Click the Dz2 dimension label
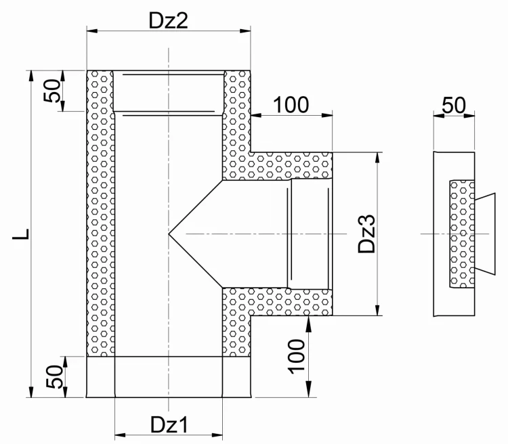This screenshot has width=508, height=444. pos(168,20)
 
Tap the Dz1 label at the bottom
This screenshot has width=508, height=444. pos(169,424)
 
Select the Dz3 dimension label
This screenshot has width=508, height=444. pos(366,234)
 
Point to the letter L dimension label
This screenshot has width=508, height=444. pos(21,234)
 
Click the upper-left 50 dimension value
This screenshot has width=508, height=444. pos(52,91)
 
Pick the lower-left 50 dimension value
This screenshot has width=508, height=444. pos(54,376)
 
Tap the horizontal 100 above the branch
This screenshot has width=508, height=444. pos(291,105)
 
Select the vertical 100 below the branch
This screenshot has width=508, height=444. pos(297,357)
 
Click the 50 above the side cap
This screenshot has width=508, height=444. pos(454,105)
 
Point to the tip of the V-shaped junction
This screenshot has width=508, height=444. pos(169,234)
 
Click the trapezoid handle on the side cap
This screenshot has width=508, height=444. pos(485,234)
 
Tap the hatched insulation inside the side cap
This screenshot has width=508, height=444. pos(462,234)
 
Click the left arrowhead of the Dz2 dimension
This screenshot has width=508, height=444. pos(92,30)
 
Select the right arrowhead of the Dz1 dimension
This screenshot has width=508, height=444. pos(217,435)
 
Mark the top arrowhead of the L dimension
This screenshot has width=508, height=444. pos(31,75)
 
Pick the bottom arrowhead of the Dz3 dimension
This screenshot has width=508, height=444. pos(377,310)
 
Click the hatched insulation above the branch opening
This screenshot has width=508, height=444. pos(277,166)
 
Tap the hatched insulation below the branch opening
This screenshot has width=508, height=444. pos(277,302)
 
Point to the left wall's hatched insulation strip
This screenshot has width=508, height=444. pos(100,213)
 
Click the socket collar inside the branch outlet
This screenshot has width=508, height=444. pos(310,234)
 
